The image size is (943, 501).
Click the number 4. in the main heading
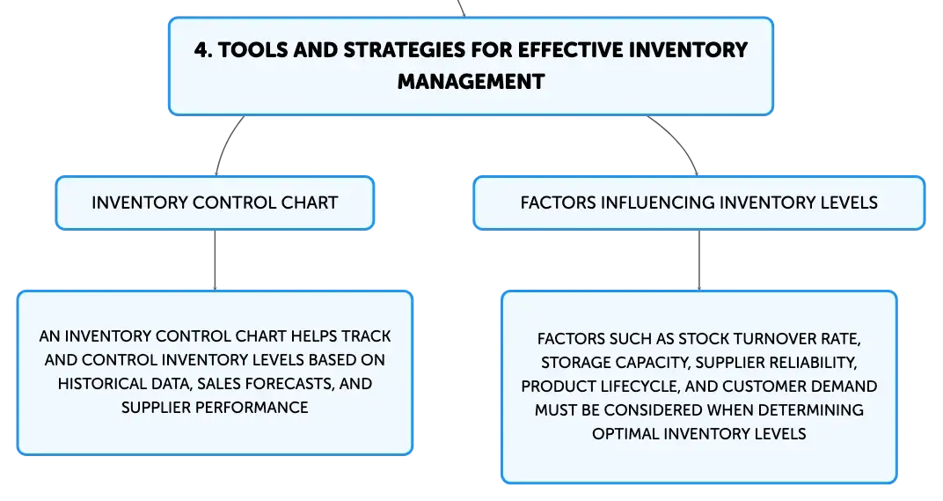203,50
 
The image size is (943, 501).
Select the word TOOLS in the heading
253,50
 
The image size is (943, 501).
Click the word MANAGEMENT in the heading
471,81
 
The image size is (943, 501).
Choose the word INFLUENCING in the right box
658,203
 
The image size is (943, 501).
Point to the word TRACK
367,336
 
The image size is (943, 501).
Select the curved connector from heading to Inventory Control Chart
226,144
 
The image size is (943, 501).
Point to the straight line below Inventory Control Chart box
215,260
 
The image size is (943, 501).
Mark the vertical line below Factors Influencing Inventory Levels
698,260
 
